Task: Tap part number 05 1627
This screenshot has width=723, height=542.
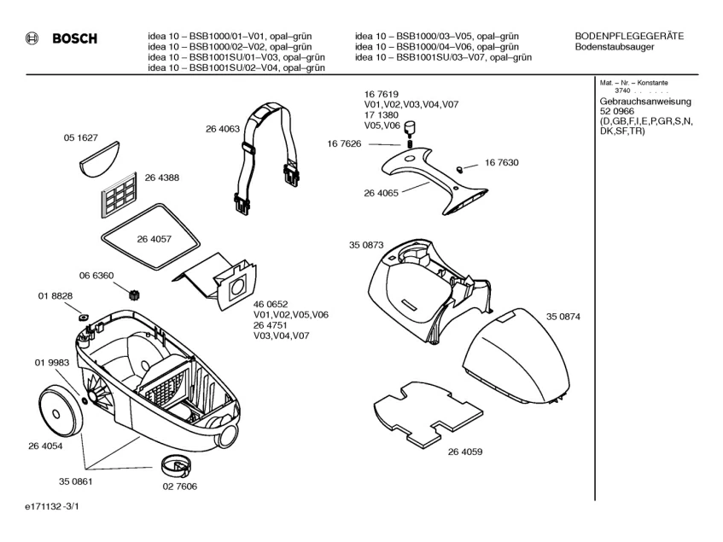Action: [x=80, y=137]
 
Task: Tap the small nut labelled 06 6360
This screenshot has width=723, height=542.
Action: [x=132, y=294]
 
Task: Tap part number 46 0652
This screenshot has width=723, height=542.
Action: [x=271, y=305]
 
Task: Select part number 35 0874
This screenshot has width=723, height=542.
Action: [x=563, y=317]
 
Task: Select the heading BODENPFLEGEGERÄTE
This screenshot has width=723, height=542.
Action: [x=629, y=35]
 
